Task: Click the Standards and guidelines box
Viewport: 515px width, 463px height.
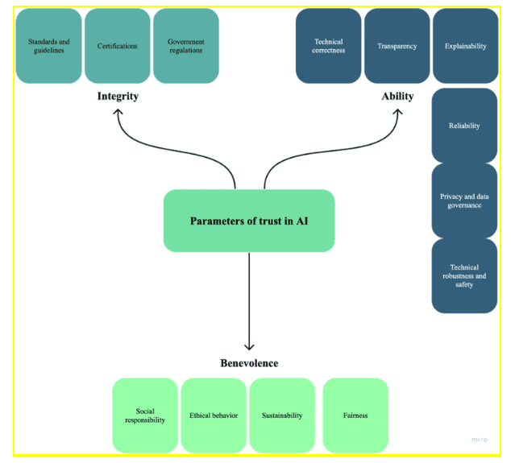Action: pyautogui.click(x=48, y=46)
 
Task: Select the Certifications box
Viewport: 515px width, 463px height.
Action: pyautogui.click(x=117, y=46)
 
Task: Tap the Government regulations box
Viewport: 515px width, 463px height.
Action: pyautogui.click(x=185, y=46)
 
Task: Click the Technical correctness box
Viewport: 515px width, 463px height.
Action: pyautogui.click(x=328, y=46)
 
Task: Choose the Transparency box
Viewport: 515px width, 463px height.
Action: pyautogui.click(x=397, y=46)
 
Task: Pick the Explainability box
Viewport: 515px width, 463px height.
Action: pyautogui.click(x=465, y=46)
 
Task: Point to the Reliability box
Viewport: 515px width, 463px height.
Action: pyautogui.click(x=464, y=126)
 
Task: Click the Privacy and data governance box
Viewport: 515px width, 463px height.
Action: pyautogui.click(x=464, y=200)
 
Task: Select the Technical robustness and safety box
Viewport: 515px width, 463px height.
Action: pyautogui.click(x=464, y=276)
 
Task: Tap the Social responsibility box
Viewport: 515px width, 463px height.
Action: pyautogui.click(x=145, y=415)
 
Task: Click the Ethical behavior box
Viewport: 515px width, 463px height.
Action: pyautogui.click(x=214, y=415)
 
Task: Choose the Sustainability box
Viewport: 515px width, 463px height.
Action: pyautogui.click(x=282, y=415)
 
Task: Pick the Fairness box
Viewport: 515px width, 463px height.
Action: pyautogui.click(x=355, y=415)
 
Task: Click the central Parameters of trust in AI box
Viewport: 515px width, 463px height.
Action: pyautogui.click(x=249, y=221)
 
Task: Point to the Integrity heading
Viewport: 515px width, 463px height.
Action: pyautogui.click(x=118, y=97)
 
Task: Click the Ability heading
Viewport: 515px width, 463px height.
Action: pyautogui.click(x=397, y=97)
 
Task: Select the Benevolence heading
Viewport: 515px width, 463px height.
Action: pyautogui.click(x=249, y=363)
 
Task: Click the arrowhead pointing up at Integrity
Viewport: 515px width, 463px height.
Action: pyautogui.click(x=118, y=112)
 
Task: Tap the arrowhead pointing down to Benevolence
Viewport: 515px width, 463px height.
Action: pyautogui.click(x=249, y=346)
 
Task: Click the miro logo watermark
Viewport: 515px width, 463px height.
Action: pyautogui.click(x=480, y=440)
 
